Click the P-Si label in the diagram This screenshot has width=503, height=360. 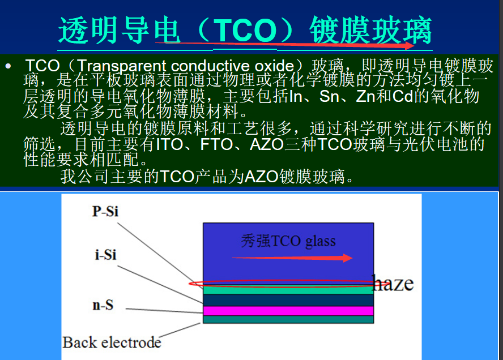[x=105, y=211]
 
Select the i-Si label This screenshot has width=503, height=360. [x=105, y=255]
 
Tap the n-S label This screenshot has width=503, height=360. [x=103, y=306]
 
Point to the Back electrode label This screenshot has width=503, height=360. [x=112, y=342]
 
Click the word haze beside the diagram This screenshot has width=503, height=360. [x=393, y=283]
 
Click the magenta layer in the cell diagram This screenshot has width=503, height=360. [x=288, y=311]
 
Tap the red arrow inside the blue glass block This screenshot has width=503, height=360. [x=292, y=258]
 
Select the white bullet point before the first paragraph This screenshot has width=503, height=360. [x=8, y=67]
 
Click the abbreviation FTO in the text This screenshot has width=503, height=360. [x=216, y=144]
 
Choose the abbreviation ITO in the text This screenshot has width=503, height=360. [x=170, y=144]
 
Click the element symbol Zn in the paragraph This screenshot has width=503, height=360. [x=366, y=96]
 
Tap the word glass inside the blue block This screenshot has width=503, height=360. [x=321, y=242]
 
